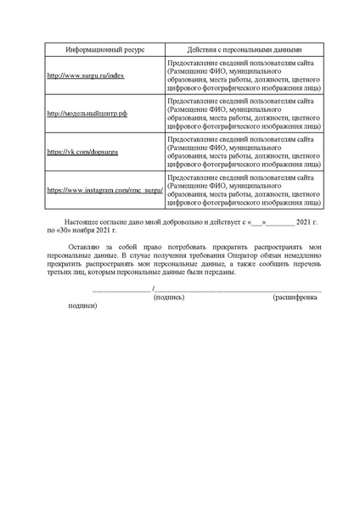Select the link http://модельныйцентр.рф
[x=87, y=113]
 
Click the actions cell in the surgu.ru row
[x=245, y=75]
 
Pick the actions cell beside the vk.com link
[x=245, y=151]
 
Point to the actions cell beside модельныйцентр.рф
[x=245, y=113]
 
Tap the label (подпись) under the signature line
[x=169, y=299]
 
